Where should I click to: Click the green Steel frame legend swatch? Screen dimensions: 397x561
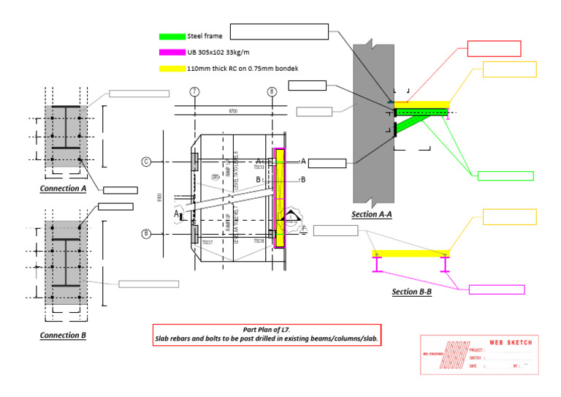tap(172, 37)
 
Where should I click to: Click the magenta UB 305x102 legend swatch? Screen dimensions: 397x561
tap(172, 53)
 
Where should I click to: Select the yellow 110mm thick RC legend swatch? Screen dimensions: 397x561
tap(172, 69)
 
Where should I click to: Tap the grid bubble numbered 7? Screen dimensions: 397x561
tap(194, 91)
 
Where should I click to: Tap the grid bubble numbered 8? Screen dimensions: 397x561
tap(272, 91)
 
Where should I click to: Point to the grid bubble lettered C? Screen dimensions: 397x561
tap(146, 162)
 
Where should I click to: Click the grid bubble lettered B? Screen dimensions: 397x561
tap(146, 234)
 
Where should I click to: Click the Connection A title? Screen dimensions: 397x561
tap(63, 188)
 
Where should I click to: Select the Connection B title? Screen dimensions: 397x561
tap(63, 335)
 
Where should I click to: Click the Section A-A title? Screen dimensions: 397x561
tap(373, 214)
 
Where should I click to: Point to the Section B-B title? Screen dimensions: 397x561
tap(411, 291)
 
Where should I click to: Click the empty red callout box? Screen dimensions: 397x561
tap(493, 48)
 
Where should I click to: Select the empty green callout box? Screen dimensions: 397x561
tap(505, 175)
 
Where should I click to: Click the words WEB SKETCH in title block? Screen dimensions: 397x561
tap(510, 342)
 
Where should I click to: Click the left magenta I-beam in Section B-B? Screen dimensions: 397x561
tap(377, 264)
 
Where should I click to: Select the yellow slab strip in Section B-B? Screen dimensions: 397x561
tap(410, 253)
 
